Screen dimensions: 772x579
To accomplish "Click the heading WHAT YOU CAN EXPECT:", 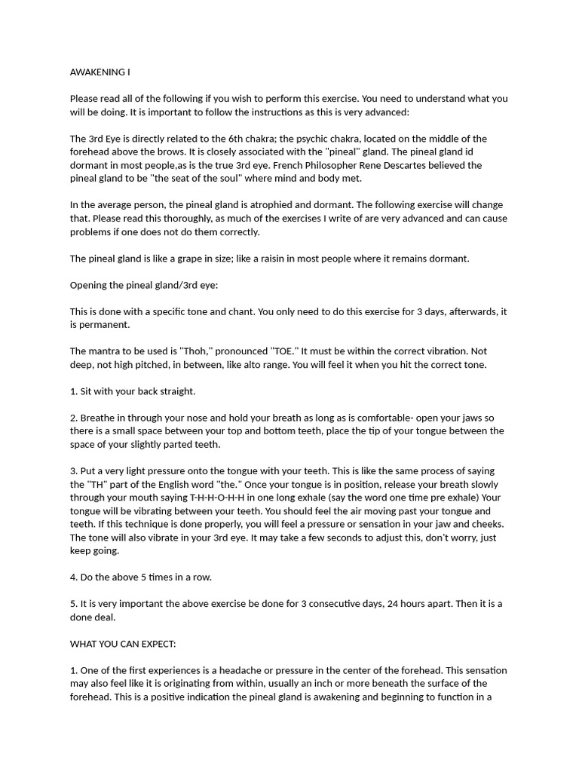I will [x=122, y=644].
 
